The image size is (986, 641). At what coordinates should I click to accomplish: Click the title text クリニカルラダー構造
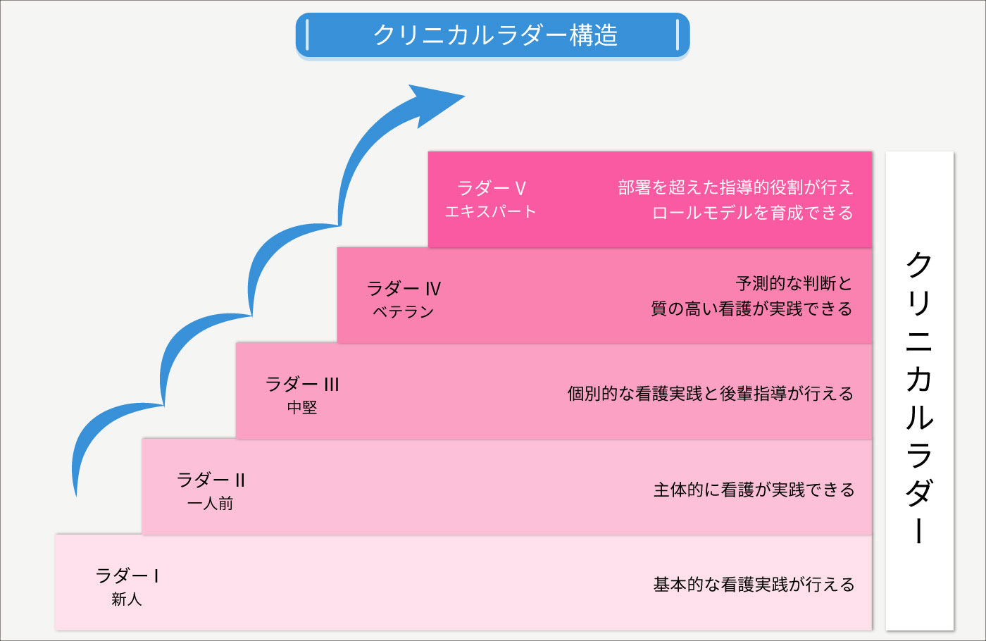495,35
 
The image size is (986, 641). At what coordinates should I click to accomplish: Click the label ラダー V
492,188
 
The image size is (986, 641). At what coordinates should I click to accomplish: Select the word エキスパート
490,211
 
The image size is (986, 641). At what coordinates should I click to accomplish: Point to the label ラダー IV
404,289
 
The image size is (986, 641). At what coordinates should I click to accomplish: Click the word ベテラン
403,311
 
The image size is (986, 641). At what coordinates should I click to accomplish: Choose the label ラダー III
302,385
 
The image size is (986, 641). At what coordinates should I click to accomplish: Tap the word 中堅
302,407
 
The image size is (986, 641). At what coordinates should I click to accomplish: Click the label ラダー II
211,480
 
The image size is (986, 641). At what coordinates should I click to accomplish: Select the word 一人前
211,503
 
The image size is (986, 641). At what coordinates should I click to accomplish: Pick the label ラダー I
127,576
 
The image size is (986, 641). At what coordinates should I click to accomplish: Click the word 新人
127,599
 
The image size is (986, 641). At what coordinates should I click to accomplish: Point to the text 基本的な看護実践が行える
754,585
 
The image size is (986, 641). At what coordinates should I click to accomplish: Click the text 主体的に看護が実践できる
754,490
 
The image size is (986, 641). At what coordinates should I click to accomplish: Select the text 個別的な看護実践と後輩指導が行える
710,394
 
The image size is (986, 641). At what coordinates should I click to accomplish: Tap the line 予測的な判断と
794,283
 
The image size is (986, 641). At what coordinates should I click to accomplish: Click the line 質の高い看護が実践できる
751,309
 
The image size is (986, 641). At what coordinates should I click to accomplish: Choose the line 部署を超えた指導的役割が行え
735,187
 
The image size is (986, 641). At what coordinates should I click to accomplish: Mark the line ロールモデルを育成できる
752,213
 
